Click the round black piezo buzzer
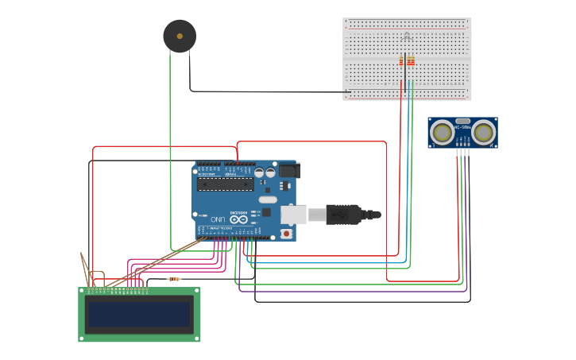click(180, 37)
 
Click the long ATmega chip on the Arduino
click(225, 184)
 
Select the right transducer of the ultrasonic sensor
click(485, 132)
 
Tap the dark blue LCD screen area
click(139, 315)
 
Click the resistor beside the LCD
click(174, 279)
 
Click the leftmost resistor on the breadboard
click(401, 61)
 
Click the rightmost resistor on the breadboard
click(412, 61)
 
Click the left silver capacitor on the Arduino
click(260, 172)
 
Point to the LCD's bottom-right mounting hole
click(196, 338)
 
